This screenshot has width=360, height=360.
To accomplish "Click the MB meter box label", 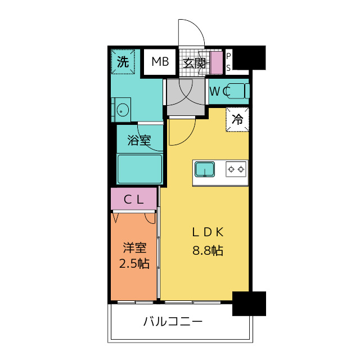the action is [160, 61].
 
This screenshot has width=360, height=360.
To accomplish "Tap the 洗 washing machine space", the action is [123, 61].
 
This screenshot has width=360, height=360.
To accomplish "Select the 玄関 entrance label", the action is [195, 63].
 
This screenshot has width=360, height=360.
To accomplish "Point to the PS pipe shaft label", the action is [228, 62].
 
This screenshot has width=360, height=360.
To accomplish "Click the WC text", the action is [220, 91].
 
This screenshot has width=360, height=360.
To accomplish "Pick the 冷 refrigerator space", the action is [237, 119].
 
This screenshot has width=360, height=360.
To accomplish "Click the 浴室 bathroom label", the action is [139, 140].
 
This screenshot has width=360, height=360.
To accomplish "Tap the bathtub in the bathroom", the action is [139, 169].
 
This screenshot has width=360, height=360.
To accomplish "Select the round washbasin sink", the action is [123, 110].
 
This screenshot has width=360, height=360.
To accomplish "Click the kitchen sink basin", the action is [205, 169].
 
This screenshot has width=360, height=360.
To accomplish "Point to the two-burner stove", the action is [236, 169].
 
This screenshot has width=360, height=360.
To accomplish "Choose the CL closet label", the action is [134, 200].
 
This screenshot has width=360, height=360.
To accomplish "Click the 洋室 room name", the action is [134, 247].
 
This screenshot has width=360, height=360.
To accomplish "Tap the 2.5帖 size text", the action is [134, 263].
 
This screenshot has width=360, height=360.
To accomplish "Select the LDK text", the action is [208, 232].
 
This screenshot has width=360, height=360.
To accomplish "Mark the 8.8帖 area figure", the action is [208, 250].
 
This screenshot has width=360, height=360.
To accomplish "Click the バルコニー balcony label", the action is [173, 321].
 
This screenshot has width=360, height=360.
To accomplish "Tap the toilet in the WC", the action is [238, 91].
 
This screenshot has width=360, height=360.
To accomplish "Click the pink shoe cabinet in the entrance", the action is [216, 63].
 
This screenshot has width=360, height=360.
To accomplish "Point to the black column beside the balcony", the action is [249, 304].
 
